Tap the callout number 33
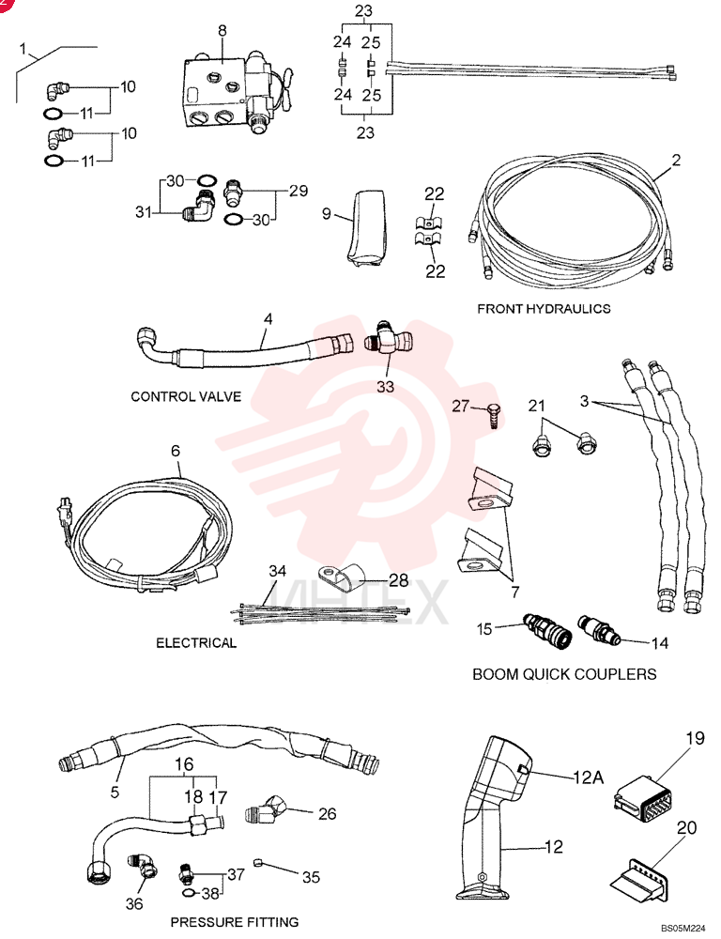pyautogui.click(x=385, y=387)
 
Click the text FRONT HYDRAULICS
pyautogui.click(x=544, y=309)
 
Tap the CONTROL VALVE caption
pyautogui.click(x=186, y=396)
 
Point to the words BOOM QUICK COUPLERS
pyautogui.click(x=565, y=674)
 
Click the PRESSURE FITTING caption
pyautogui.click(x=234, y=922)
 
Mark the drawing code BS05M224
pyautogui.click(x=683, y=928)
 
